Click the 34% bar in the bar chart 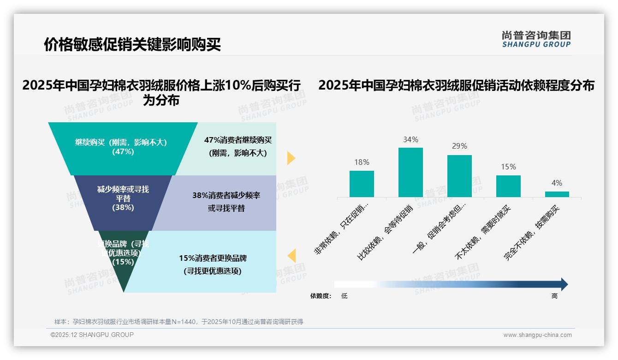410,172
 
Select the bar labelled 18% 362,184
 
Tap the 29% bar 459,176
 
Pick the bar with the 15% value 508,186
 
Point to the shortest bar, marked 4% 557,194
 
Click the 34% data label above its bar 410,139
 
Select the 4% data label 557,183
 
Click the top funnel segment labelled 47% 123,148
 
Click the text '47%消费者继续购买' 238,140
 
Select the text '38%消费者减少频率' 226,195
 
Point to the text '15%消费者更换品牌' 213,258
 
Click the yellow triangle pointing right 291,158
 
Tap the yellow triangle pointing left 291,256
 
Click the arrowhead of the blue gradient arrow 564,284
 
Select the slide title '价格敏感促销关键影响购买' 132,44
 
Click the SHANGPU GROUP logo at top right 536,39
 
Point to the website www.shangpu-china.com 537,335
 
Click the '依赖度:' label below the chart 321,296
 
